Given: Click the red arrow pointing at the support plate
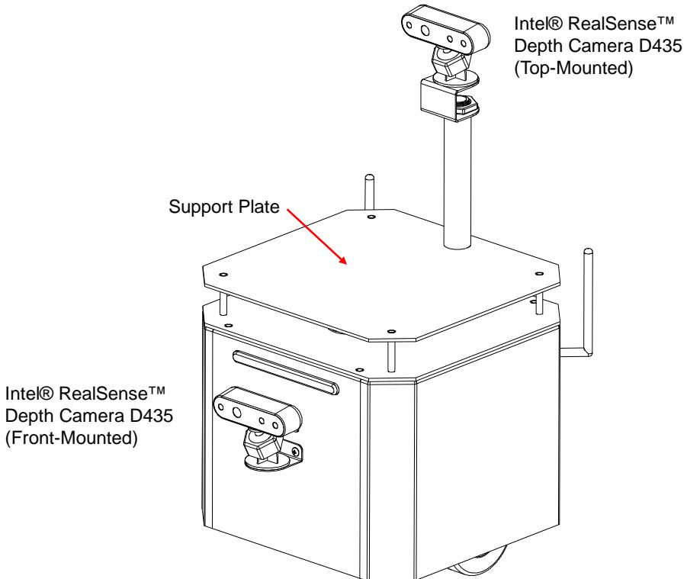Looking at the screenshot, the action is coord(317,237).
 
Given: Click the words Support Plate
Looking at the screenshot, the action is coord(224,207).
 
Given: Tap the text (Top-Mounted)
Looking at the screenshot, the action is coord(573,68).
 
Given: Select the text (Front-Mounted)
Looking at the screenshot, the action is coord(72,438).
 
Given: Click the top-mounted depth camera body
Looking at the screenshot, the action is coord(445,28).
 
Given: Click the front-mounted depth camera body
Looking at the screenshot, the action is coord(257,410).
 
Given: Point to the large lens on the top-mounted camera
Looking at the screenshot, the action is coord(425,31).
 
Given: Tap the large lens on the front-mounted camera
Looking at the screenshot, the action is coord(236,413).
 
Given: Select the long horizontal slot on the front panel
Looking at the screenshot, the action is coord(286,372).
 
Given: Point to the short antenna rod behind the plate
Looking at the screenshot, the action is coord(370,192).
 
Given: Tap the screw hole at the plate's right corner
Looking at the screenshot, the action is coord(539,274).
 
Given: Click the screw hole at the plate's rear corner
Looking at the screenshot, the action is coord(371,217).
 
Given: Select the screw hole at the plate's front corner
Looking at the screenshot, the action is coord(391,331).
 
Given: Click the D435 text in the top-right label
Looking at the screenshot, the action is coord(660,46).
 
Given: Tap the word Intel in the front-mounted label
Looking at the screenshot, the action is coord(29,394).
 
